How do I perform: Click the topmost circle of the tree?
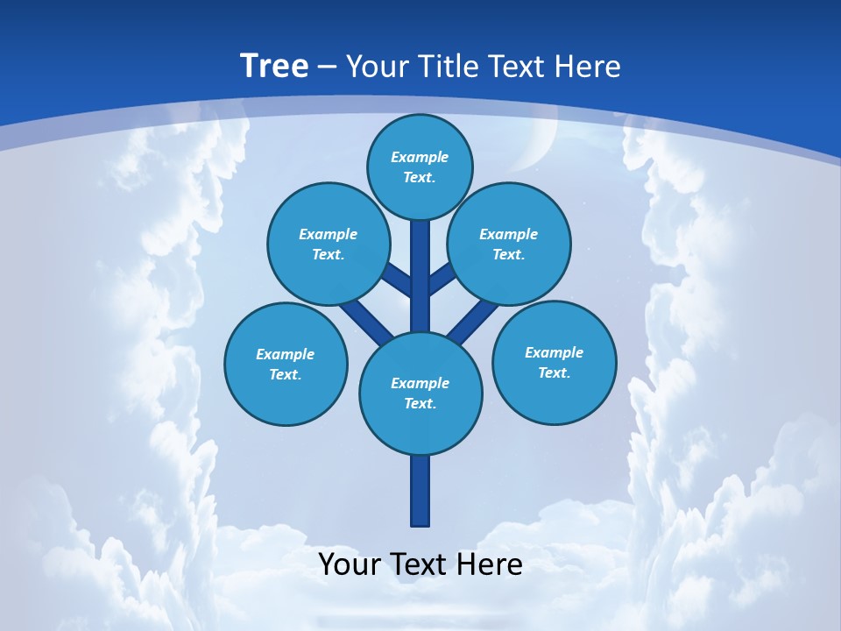pos(420,167)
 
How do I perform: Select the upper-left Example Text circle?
pos(328,244)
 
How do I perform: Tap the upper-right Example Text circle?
pos(509,244)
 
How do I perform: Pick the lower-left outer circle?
pos(286,364)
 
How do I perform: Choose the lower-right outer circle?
pos(554,362)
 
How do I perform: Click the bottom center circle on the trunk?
pos(420,393)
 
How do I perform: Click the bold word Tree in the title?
pos(274,66)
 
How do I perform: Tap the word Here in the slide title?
pos(589,66)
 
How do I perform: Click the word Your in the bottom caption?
pos(350,564)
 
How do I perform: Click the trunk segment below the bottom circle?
pos(420,491)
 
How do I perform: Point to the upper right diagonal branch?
pos(442,279)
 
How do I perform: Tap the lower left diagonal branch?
pos(365,322)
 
